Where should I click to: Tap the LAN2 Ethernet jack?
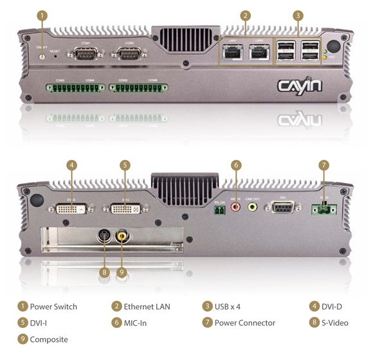tap(260, 53)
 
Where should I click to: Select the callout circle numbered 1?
tap(42, 15)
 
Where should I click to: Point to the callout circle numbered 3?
tap(298, 15)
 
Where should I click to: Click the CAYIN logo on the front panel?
tap(300, 85)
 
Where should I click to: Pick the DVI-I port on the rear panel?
tap(125, 208)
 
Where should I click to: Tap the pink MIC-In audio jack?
tap(235, 208)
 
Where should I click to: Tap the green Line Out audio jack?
tap(252, 208)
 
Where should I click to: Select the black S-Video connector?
tap(103, 236)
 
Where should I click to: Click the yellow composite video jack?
tap(120, 236)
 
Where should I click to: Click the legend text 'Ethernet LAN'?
tap(147, 307)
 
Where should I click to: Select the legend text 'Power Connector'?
tap(244, 323)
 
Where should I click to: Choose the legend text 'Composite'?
tap(49, 339)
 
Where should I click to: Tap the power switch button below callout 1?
tap(42, 57)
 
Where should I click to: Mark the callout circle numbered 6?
tap(236, 165)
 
